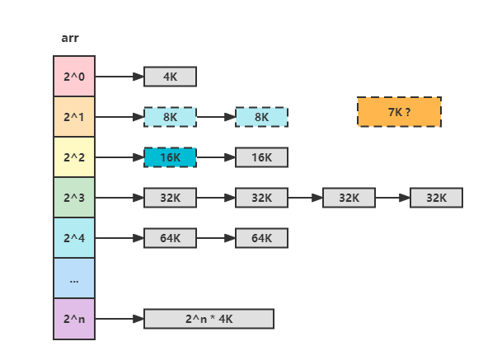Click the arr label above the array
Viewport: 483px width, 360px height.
pyautogui.click(x=70, y=38)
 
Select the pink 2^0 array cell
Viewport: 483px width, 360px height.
pyautogui.click(x=74, y=76)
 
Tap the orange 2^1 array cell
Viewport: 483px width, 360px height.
pyautogui.click(x=74, y=117)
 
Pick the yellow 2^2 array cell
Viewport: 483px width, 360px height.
pyautogui.click(x=74, y=157)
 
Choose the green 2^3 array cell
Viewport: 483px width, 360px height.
pyautogui.click(x=74, y=198)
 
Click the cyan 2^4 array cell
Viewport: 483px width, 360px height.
pyautogui.click(x=74, y=238)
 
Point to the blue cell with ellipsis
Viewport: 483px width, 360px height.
pyautogui.click(x=74, y=278)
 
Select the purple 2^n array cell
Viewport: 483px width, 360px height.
pyautogui.click(x=74, y=319)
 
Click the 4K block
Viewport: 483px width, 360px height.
pyautogui.click(x=170, y=77)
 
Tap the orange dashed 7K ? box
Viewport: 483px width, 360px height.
pyautogui.click(x=399, y=112)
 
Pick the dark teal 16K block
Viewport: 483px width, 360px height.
pyautogui.click(x=170, y=157)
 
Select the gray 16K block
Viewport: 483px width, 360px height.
pyautogui.click(x=261, y=157)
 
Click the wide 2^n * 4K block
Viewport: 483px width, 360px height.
pyautogui.click(x=209, y=319)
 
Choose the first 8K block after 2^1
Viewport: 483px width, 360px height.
pyautogui.click(x=170, y=117)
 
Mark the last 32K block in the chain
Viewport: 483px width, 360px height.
pyautogui.click(x=436, y=198)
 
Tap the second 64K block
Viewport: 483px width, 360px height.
pyautogui.click(x=261, y=238)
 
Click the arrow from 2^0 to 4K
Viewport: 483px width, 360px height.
pyautogui.click(x=120, y=77)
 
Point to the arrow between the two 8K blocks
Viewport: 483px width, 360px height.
pyautogui.click(x=216, y=117)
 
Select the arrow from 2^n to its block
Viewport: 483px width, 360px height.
pyautogui.click(x=120, y=319)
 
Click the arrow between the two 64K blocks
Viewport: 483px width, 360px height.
pyautogui.click(x=216, y=238)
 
